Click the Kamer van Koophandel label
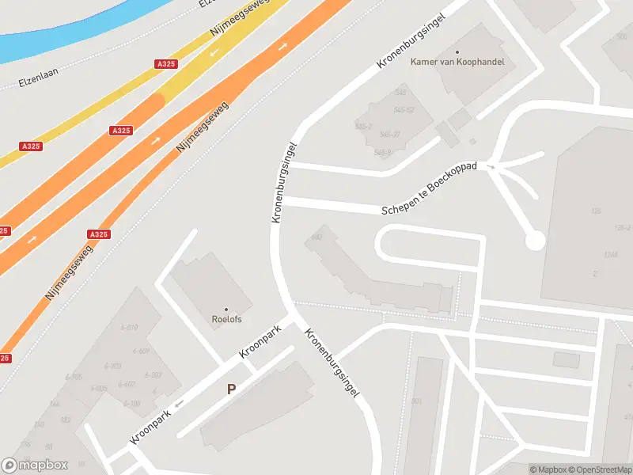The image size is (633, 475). [x=457, y=62]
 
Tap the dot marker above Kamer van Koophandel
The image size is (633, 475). [x=457, y=51]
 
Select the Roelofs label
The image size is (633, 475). [x=226, y=320]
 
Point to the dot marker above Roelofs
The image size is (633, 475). [x=226, y=310]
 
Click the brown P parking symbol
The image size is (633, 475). [x=232, y=389]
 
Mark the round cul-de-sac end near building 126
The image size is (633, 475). [x=536, y=240]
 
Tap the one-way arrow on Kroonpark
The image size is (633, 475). [x=179, y=404]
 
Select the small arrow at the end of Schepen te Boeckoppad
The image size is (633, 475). [x=491, y=168]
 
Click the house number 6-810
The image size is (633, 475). [x=129, y=327]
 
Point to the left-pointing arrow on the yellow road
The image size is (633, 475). [x=215, y=53]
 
